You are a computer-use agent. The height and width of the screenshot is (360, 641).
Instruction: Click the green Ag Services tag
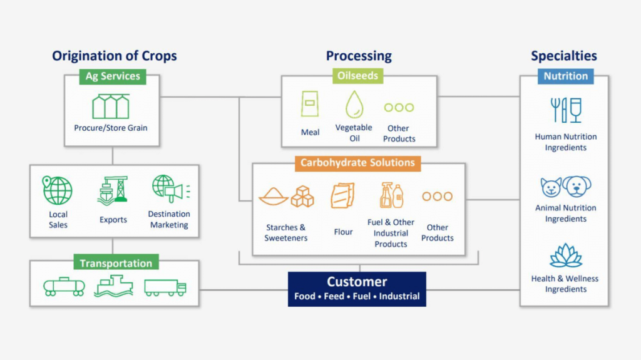coord(112,76)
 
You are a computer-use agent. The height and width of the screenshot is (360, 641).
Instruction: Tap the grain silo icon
coord(111,106)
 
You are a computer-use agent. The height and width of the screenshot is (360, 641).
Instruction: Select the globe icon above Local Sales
coord(58,190)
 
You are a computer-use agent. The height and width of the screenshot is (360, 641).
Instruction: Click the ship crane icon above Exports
coord(113,190)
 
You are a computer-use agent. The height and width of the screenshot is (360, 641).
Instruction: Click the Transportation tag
coord(116,264)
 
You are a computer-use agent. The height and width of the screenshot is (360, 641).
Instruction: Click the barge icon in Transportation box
coord(113,286)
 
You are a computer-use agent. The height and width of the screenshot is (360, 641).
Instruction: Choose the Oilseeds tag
coord(358,76)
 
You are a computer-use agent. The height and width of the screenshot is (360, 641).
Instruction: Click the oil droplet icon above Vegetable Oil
coord(354,104)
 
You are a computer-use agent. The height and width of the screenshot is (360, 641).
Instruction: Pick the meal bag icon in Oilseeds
coord(309,104)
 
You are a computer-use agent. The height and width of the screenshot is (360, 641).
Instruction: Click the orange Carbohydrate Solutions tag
coord(357,163)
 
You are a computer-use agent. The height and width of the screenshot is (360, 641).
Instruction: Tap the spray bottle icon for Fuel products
coord(391,195)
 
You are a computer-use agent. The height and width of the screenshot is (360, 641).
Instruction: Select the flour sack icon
coord(342,196)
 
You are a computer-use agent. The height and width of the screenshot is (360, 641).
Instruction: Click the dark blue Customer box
coord(357,289)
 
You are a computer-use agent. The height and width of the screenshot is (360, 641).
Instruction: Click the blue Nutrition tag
coord(565,76)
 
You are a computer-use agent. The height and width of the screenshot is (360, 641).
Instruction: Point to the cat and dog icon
coord(565,187)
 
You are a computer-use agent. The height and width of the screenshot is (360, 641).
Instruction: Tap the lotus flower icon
coord(565,255)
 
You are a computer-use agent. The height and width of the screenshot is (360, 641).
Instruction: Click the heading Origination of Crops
coord(115,56)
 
